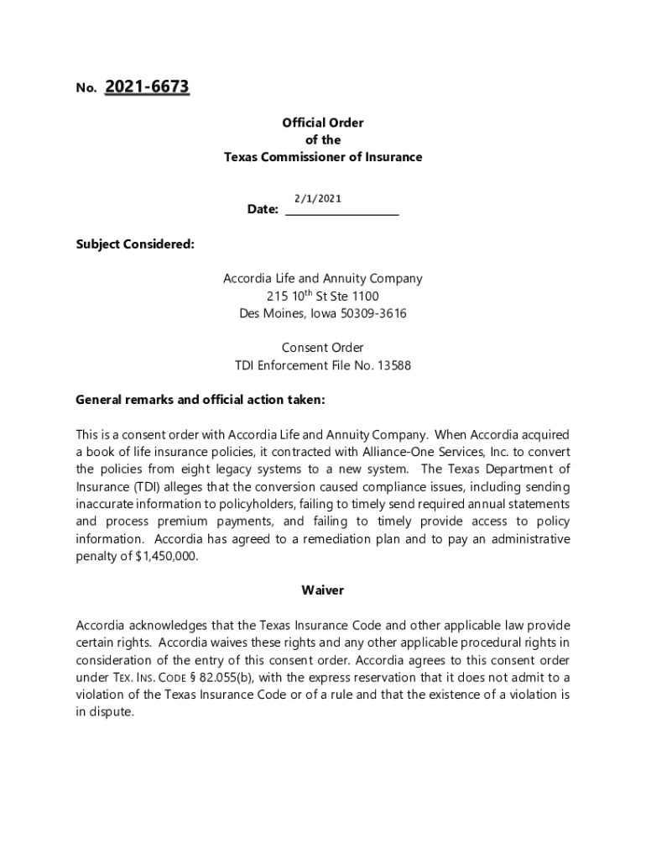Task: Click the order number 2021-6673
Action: pos(147,87)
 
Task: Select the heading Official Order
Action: pos(323,123)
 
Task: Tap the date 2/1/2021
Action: pos(317,198)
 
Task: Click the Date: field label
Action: pos(263,209)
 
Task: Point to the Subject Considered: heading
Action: pos(135,244)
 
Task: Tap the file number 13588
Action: pos(394,365)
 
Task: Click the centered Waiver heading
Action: pos(323,590)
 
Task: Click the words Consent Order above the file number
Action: pos(323,348)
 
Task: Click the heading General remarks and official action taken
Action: pos(200,400)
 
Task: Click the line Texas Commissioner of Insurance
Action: pos(323,157)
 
